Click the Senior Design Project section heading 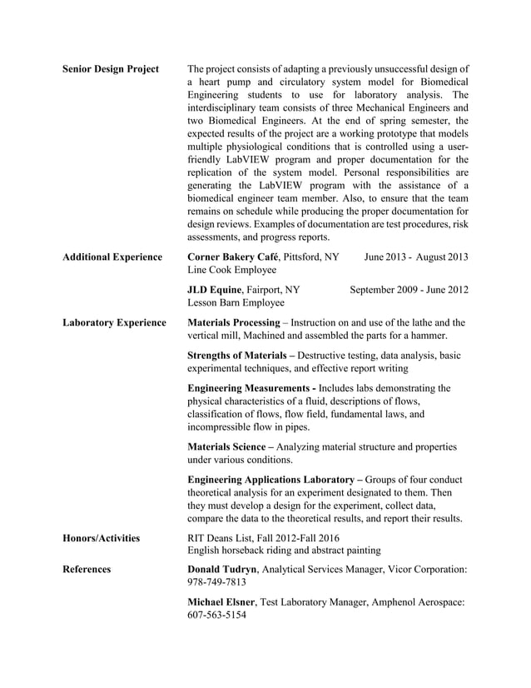pyautogui.click(x=111, y=68)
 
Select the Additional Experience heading pyautogui.click(x=112, y=257)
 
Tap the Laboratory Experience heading pyautogui.click(x=114, y=322)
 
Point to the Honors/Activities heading pyautogui.click(x=102, y=539)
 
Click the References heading pyautogui.click(x=87, y=570)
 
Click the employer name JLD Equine pyautogui.click(x=218, y=290)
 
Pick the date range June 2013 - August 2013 pyautogui.click(x=416, y=257)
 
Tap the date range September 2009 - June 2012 pyautogui.click(x=409, y=290)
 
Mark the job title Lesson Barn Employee pyautogui.click(x=236, y=303)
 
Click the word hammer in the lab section pyautogui.click(x=428, y=336)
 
